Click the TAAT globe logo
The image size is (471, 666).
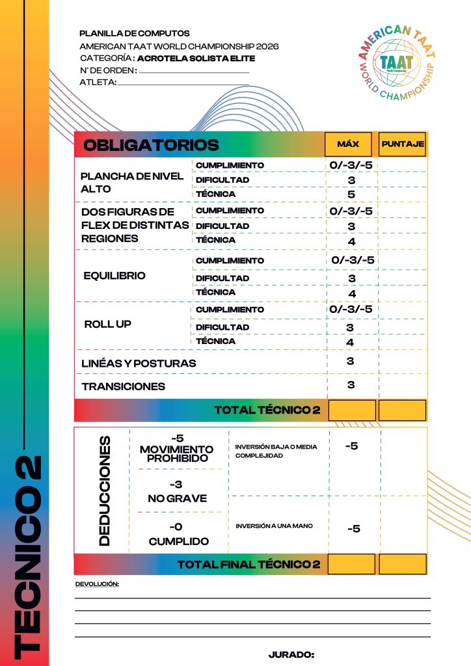click(396, 62)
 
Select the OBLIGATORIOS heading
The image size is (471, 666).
click(151, 144)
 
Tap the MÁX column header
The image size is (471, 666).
click(348, 144)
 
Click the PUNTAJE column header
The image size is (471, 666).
click(403, 144)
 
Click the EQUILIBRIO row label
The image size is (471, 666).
click(114, 275)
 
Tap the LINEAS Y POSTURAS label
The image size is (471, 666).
click(139, 363)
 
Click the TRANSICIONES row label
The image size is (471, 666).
click(124, 386)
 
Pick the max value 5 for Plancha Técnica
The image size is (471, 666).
click(351, 194)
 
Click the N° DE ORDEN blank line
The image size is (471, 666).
click(194, 72)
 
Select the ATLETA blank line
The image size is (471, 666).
click(183, 84)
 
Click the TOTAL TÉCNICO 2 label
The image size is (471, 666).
click(267, 410)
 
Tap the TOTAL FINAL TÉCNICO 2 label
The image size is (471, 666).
click(249, 565)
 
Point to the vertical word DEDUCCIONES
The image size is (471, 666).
click(103, 490)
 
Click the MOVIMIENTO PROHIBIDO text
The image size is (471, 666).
click(176, 453)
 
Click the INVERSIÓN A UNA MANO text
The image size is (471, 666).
click(269, 526)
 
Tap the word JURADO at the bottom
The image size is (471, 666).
click(291, 654)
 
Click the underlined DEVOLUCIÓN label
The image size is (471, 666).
click(98, 585)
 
